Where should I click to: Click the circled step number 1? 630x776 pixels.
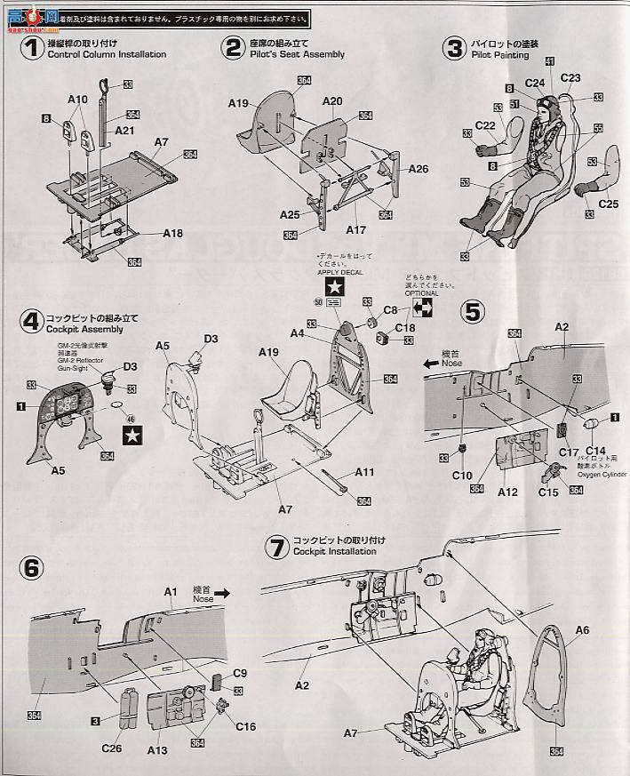pyautogui.click(x=32, y=50)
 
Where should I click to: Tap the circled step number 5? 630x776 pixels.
pyautogui.click(x=473, y=311)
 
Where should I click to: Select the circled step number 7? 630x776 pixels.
pyautogui.click(x=277, y=545)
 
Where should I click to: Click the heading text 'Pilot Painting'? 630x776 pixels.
pyautogui.click(x=500, y=55)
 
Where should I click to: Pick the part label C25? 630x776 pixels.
pyautogui.click(x=608, y=204)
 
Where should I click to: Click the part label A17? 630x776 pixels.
pyautogui.click(x=355, y=229)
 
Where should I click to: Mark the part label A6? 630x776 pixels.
pyautogui.click(x=582, y=630)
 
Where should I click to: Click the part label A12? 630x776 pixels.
pyautogui.click(x=507, y=491)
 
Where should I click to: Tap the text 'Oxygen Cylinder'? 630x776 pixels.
pyautogui.click(x=602, y=474)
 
